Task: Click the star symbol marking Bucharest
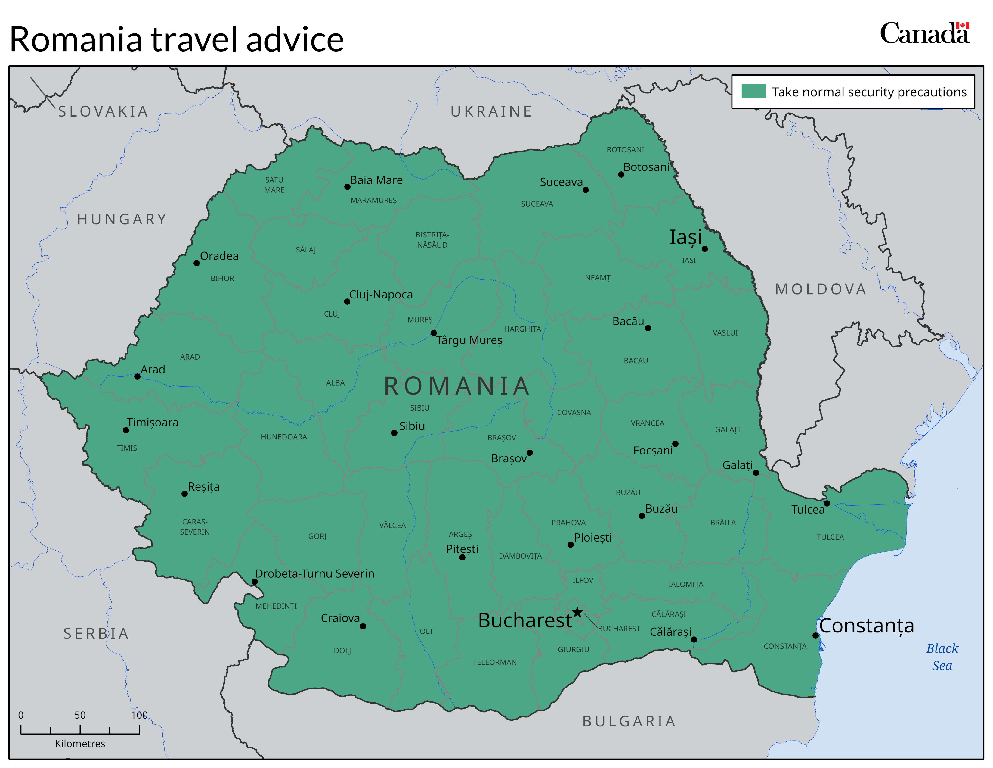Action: pos(577,612)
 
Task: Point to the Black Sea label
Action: pos(942,657)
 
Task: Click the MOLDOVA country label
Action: pos(821,289)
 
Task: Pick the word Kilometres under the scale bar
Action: pos(80,743)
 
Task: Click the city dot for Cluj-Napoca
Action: pos(347,302)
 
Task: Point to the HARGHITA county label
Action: pos(522,329)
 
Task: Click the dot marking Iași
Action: pos(705,249)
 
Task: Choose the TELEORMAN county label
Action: pos(495,663)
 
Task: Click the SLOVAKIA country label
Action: pos(103,111)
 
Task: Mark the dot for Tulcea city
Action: pos(827,503)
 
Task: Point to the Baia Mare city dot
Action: pos(347,187)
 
